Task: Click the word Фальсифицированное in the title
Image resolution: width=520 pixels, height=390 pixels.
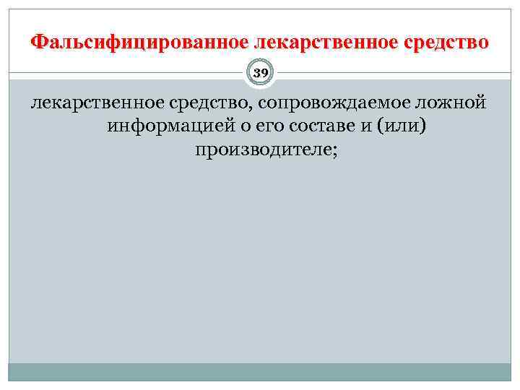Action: coord(119,41)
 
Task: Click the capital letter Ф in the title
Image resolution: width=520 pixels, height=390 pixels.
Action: coord(38,41)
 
